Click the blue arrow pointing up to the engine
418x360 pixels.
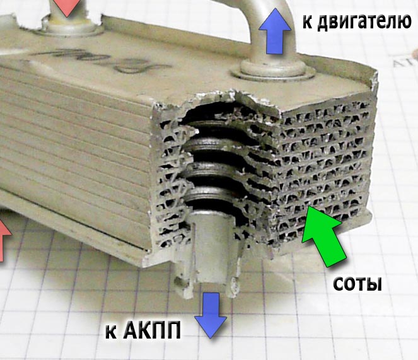click(275, 32)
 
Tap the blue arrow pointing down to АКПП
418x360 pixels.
click(209, 315)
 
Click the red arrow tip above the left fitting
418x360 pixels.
click(66, 6)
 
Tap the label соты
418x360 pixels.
click(357, 284)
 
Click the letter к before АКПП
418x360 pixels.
click(111, 331)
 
